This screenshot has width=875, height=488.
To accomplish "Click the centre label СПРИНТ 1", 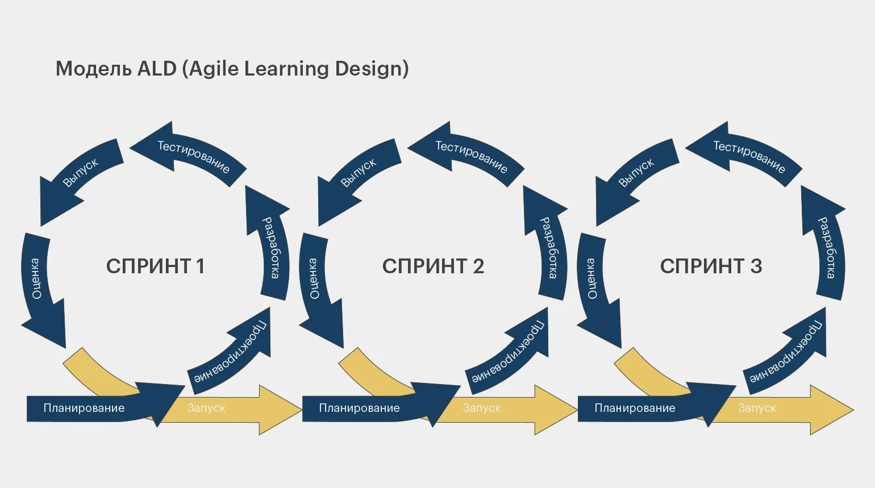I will point(155,266).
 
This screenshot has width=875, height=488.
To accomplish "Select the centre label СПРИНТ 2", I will point(433,266).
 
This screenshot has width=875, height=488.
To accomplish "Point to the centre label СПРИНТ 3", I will point(711,266).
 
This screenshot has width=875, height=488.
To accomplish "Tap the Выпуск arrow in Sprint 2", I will point(359,173).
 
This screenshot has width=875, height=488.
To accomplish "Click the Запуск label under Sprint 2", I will point(482,408).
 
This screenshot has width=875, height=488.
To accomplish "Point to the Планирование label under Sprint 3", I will point(635,408).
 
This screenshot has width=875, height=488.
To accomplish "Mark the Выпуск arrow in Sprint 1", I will point(81,173).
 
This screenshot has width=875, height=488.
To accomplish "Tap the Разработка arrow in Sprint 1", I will point(270,247).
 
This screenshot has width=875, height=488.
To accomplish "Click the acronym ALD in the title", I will point(157,69).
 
